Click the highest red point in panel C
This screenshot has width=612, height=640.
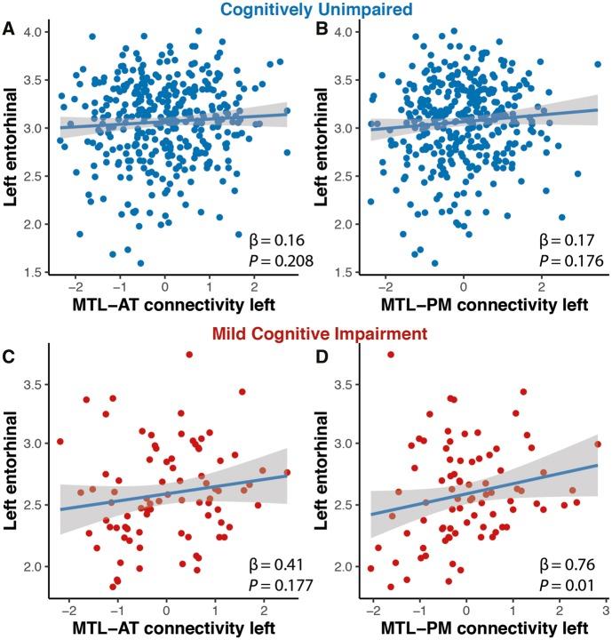tap(189, 355)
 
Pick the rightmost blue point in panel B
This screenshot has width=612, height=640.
tap(598, 64)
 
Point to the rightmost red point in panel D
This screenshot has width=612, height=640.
tap(598, 444)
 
